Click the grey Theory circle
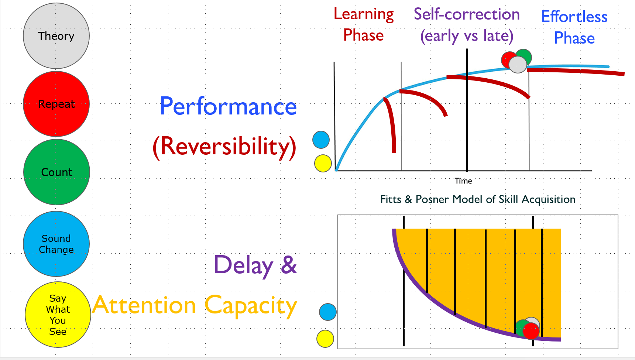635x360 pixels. (56, 36)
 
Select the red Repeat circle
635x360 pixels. (56, 104)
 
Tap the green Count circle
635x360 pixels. (56, 172)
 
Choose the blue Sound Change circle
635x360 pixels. (56, 244)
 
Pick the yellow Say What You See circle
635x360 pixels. (58, 315)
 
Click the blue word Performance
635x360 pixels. (228, 106)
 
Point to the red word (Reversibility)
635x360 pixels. (224, 147)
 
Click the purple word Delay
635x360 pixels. (243, 265)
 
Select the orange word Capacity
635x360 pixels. (251, 306)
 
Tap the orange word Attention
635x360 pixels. (144, 306)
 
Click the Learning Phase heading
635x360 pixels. (364, 24)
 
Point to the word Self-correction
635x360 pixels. (467, 14)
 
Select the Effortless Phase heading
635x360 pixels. (574, 27)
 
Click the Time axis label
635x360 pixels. (463, 181)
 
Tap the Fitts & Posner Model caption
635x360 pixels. (478, 199)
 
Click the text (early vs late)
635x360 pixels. (467, 36)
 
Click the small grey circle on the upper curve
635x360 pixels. (518, 65)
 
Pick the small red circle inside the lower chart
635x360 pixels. (531, 331)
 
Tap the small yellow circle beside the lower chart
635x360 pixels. (325, 339)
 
